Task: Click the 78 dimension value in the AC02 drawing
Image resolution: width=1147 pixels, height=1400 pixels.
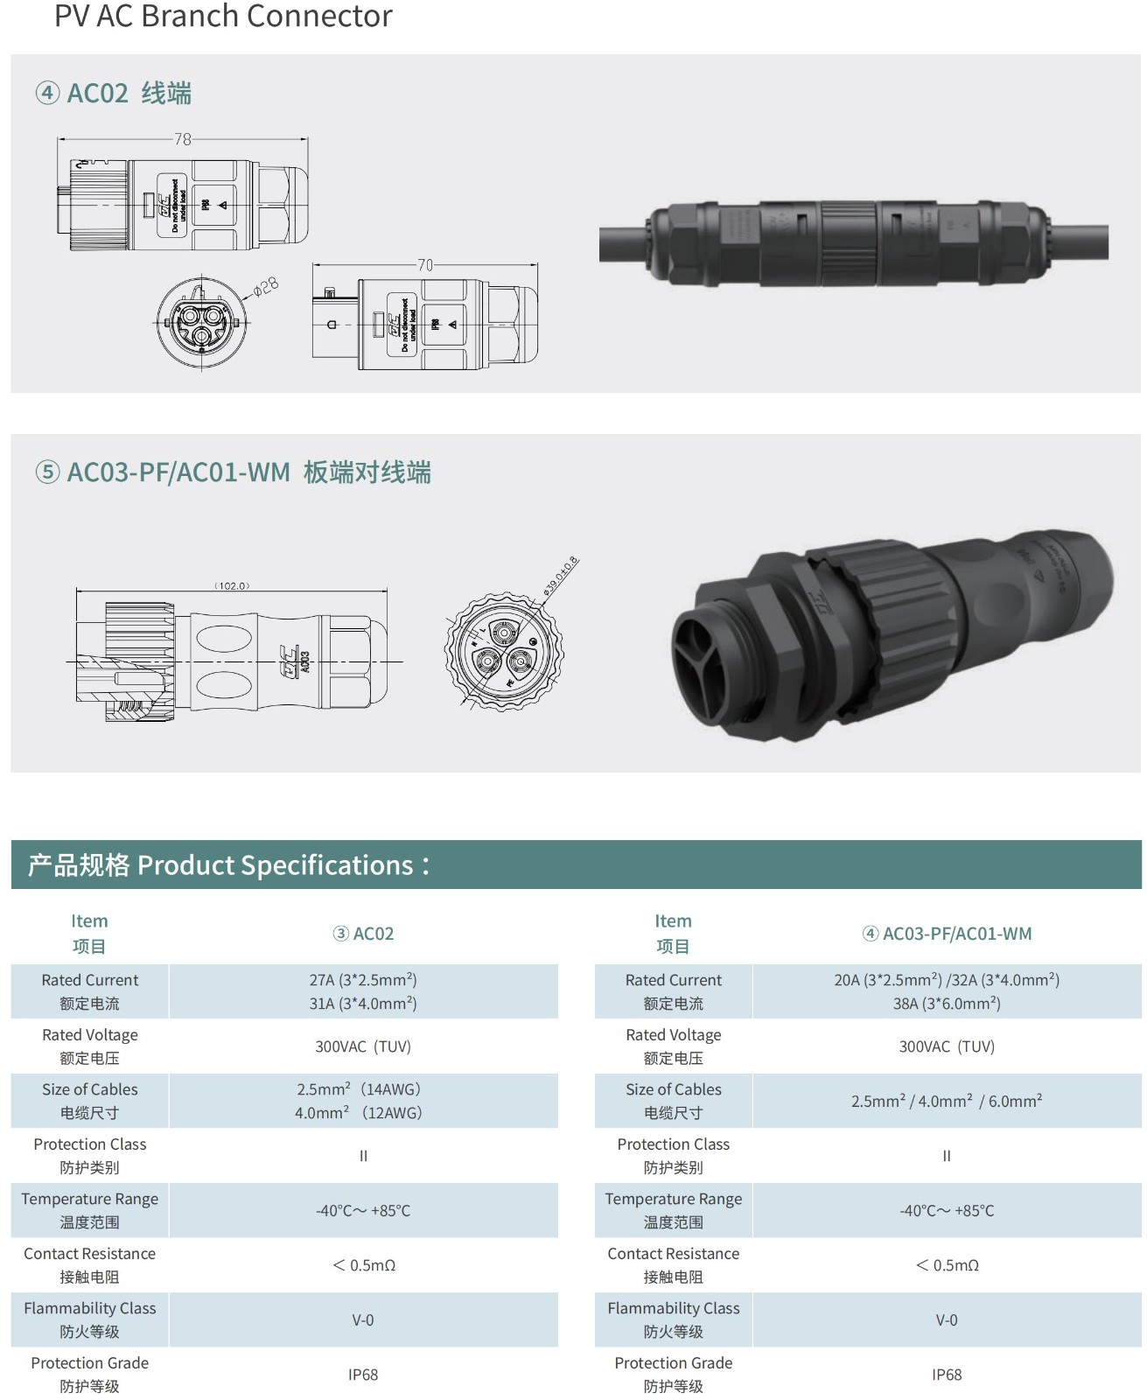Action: [182, 139]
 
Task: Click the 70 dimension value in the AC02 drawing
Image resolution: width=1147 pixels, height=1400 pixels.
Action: [424, 264]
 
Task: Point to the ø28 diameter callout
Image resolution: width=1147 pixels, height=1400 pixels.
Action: [266, 286]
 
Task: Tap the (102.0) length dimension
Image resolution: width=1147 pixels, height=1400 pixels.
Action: [232, 585]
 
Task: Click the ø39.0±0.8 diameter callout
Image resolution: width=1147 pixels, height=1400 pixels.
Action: [561, 576]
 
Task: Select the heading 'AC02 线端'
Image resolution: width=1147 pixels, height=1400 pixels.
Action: [129, 93]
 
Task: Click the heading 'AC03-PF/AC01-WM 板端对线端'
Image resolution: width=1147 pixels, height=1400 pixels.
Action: [248, 472]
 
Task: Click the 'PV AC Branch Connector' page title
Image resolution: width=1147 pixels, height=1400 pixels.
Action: [223, 16]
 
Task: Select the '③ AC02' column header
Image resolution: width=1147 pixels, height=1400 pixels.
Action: [363, 934]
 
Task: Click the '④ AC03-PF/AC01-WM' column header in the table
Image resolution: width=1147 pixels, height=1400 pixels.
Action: [947, 934]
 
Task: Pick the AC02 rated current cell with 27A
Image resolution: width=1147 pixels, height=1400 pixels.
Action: [363, 991]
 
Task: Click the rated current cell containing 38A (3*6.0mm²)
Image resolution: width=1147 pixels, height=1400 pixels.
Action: [947, 1003]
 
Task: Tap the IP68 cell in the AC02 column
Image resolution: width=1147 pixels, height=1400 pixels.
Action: [363, 1375]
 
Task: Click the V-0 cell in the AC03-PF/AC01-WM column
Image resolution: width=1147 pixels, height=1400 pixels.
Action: [947, 1319]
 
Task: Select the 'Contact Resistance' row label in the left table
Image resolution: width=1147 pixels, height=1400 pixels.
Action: [89, 1264]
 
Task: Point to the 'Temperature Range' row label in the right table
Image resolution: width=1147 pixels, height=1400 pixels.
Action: [673, 1209]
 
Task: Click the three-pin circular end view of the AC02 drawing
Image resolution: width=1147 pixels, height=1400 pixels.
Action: [202, 323]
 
